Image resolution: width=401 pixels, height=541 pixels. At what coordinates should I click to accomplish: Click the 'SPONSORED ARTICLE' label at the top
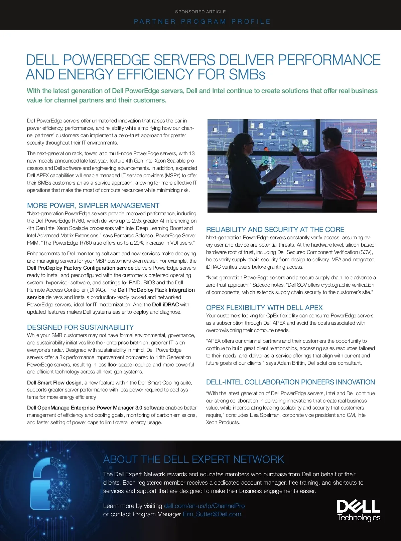200,12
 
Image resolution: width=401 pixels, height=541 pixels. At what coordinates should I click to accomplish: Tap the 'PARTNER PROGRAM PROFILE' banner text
202,22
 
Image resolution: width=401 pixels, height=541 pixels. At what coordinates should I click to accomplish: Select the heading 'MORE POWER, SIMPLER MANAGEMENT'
93,206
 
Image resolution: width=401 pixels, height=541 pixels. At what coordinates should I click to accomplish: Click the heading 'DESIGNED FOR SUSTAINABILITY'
81,327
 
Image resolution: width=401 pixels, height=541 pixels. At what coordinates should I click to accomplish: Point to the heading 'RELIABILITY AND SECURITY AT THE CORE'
275,230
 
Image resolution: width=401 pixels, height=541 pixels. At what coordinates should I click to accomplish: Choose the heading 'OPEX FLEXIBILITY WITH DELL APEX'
264,308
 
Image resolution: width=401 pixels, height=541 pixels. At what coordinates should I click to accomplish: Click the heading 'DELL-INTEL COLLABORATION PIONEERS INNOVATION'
290,382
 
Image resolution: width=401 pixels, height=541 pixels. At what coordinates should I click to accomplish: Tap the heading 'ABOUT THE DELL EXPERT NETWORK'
193,460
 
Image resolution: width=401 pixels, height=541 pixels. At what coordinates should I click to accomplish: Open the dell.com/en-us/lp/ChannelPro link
204,506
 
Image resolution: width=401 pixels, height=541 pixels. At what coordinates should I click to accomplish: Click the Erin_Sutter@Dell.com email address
212,514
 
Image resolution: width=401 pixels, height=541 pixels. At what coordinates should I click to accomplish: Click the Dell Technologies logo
359,510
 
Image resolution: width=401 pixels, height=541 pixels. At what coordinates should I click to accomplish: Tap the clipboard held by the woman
274,174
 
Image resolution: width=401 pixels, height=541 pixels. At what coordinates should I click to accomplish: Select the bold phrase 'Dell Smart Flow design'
54,383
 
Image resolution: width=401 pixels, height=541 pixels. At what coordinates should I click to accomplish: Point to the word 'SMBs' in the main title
247,74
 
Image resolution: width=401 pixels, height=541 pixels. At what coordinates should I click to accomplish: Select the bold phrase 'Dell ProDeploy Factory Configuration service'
80,268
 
